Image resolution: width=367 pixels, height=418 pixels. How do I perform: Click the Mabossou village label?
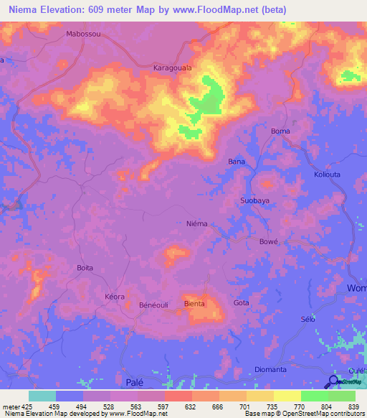coord(84,34)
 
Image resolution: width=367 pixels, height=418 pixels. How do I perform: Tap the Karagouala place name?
coord(172,68)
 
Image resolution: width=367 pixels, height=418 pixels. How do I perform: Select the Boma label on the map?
coord(280,131)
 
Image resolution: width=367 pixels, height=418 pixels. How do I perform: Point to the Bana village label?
coord(237,162)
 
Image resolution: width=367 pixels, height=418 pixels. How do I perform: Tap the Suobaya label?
coord(255,200)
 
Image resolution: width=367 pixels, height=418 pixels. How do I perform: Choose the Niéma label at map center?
coord(196,223)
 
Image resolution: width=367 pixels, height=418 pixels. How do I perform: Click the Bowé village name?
coord(268,242)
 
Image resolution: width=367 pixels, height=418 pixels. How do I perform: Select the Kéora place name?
coord(115,297)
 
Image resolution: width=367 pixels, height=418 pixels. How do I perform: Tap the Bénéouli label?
coord(153,305)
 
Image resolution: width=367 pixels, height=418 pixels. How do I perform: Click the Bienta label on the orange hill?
coord(195,304)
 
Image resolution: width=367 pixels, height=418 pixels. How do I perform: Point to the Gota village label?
coord(242,303)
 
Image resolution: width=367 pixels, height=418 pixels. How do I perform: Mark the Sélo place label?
coord(309,318)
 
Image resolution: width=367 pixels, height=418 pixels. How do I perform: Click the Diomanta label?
coord(271,369)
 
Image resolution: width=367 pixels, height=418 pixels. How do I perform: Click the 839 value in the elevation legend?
coord(342,405)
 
